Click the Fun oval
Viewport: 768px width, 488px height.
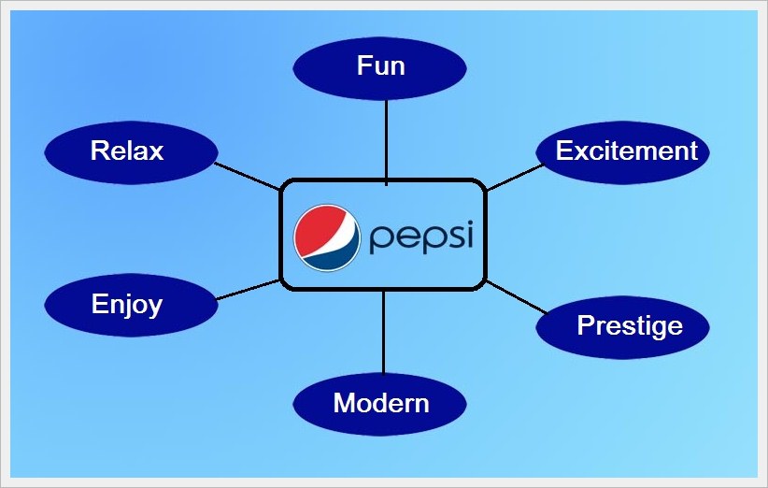(380, 67)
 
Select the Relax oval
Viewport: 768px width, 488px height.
(131, 151)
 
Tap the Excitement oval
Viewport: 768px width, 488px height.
(623, 151)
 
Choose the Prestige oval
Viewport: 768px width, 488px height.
(623, 326)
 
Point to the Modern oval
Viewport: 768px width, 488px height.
(380, 404)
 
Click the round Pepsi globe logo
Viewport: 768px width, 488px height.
(327, 236)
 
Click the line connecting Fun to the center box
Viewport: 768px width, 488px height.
(386, 136)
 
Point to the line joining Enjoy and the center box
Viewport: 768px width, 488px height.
(248, 290)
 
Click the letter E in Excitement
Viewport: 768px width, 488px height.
(564, 151)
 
